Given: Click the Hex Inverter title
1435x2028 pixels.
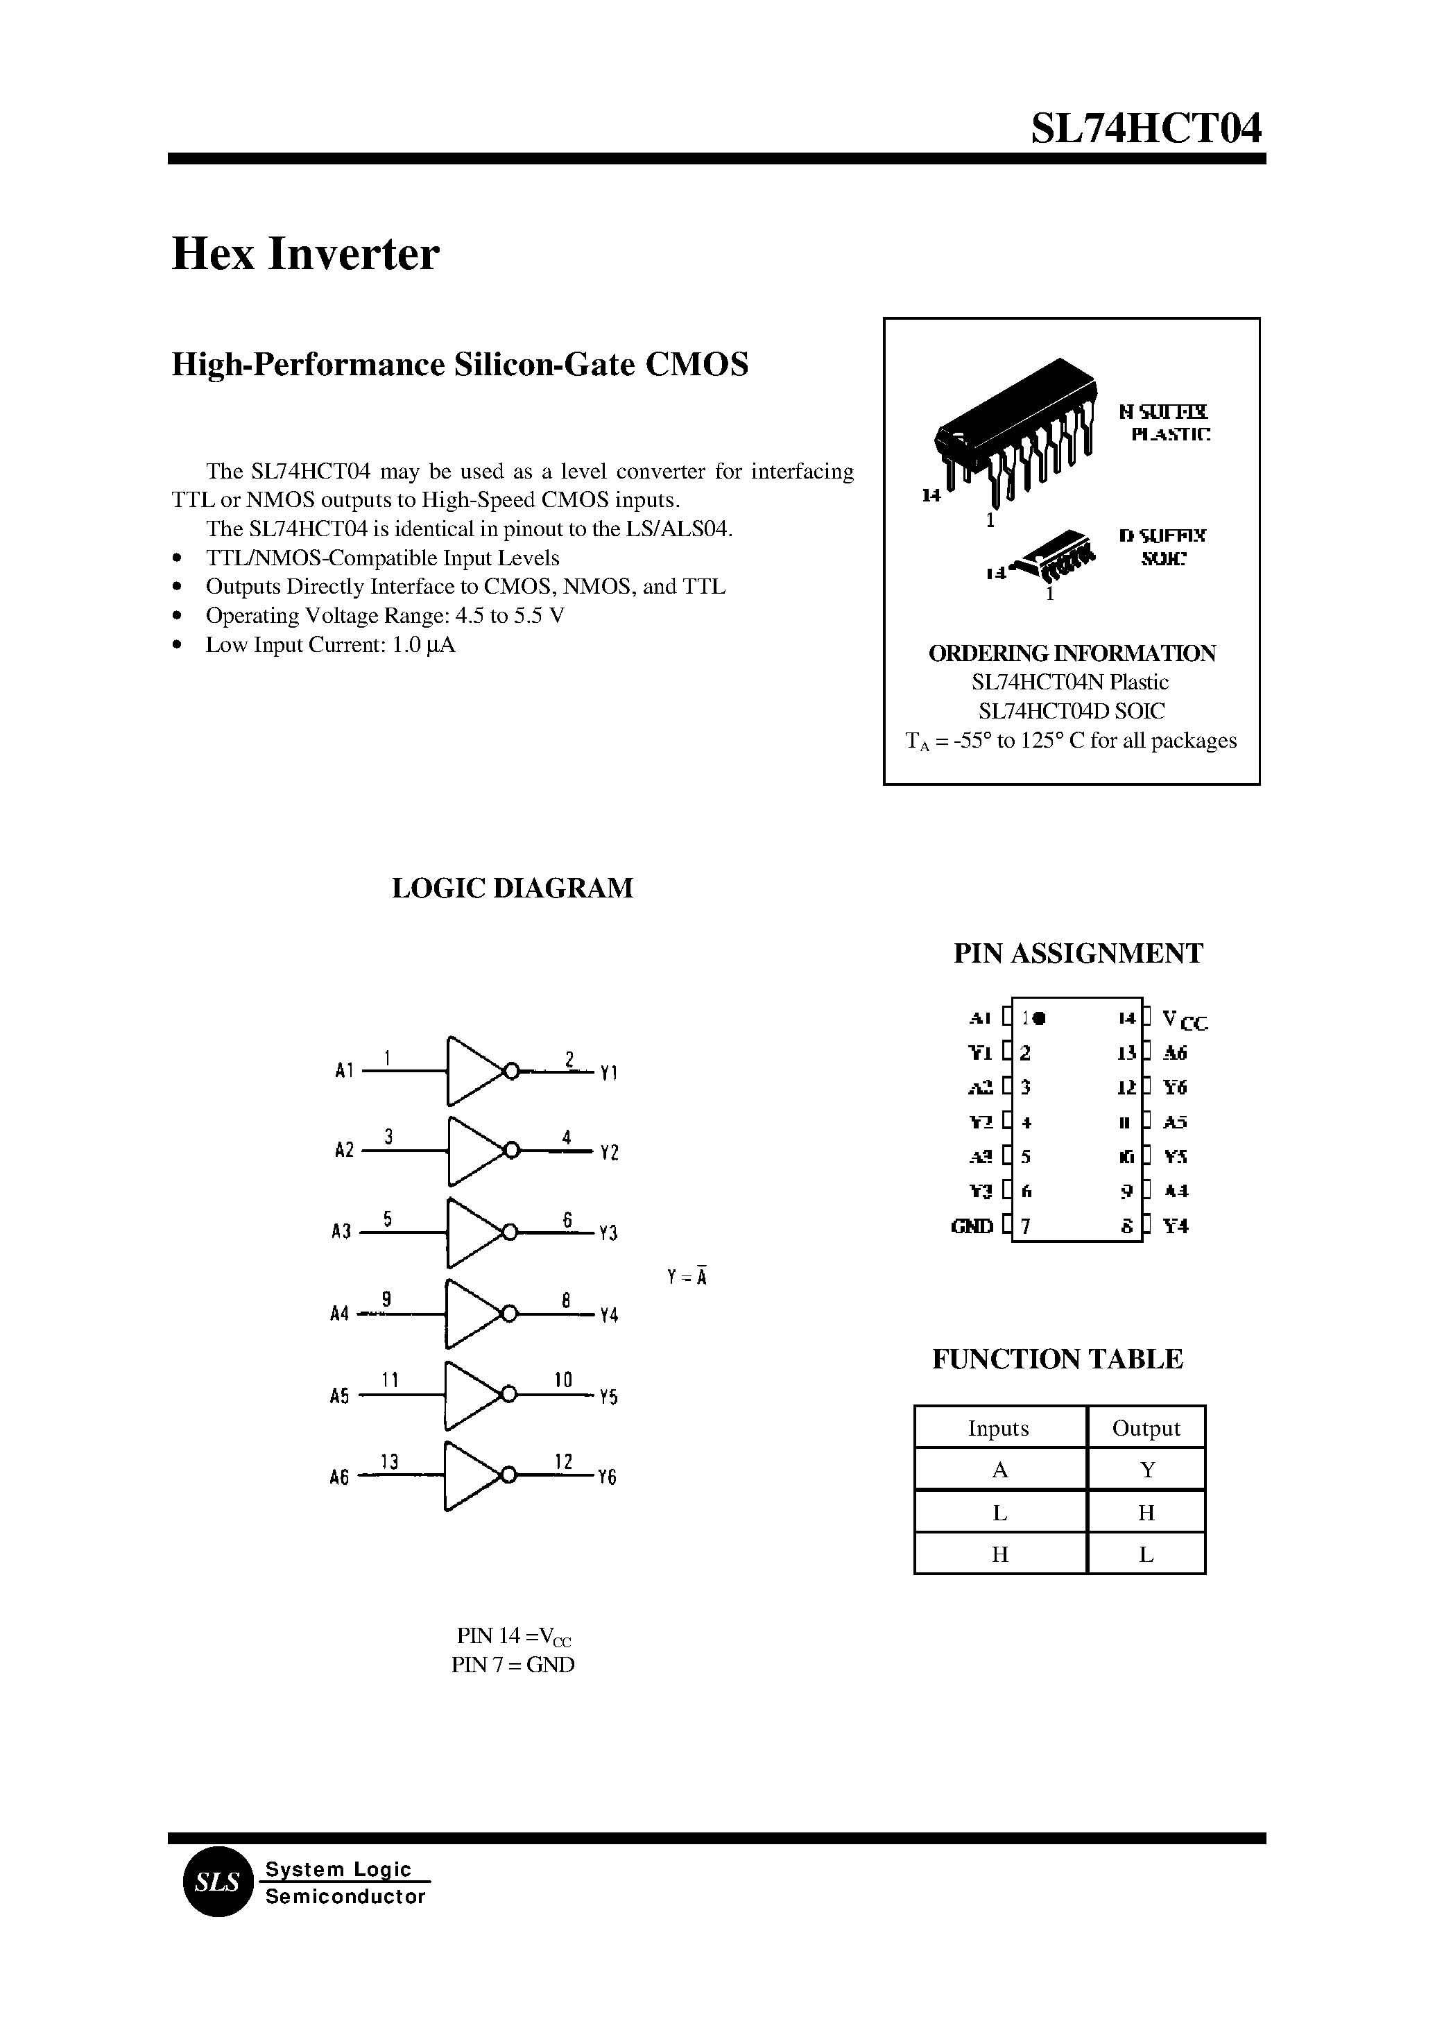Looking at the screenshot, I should (x=305, y=255).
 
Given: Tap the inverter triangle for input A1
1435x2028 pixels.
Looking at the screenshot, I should (x=474, y=1071).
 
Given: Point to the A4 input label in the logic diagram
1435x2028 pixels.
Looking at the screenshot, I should (x=339, y=1314).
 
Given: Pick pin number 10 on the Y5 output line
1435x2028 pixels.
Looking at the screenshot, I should (x=563, y=1380).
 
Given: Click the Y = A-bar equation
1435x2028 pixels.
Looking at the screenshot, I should (x=687, y=1277).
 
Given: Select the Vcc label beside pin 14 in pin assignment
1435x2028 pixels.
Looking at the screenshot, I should (x=1184, y=1021).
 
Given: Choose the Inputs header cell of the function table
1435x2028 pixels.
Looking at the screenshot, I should (x=999, y=1428).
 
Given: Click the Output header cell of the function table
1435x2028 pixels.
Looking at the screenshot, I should (x=1146, y=1428).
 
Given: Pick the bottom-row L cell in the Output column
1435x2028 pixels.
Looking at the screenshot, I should (x=1146, y=1554).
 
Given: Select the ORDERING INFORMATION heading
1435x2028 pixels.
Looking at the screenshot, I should (x=1072, y=653).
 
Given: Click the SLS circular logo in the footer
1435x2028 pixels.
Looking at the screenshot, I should (x=217, y=1882).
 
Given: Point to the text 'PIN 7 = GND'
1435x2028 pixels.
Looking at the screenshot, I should (x=513, y=1665).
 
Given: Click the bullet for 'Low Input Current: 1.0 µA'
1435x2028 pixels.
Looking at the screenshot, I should (x=178, y=645).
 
